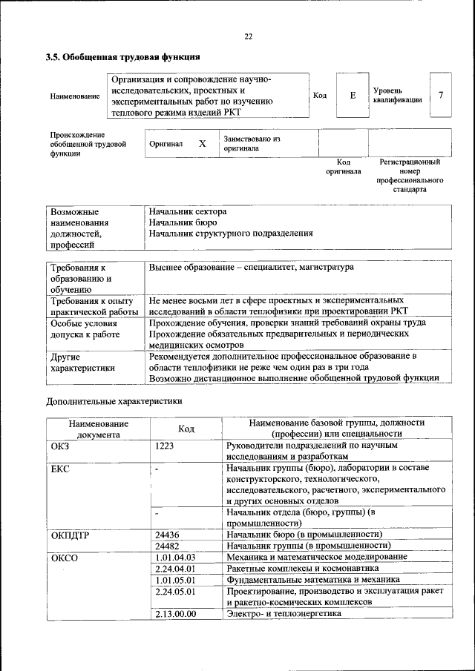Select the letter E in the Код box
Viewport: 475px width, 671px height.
(x=353, y=95)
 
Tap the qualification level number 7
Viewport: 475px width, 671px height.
(x=441, y=95)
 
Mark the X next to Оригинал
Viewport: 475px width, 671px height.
(x=202, y=143)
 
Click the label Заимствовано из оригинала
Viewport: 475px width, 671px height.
(x=252, y=143)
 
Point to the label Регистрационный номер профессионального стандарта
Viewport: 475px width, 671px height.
(x=410, y=175)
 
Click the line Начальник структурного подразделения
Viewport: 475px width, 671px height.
(x=230, y=233)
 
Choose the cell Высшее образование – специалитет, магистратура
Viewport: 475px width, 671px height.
(x=251, y=267)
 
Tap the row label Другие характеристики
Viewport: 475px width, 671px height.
(x=82, y=362)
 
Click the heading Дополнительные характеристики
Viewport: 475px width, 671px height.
(x=114, y=401)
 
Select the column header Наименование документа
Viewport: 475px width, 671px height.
(x=98, y=429)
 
